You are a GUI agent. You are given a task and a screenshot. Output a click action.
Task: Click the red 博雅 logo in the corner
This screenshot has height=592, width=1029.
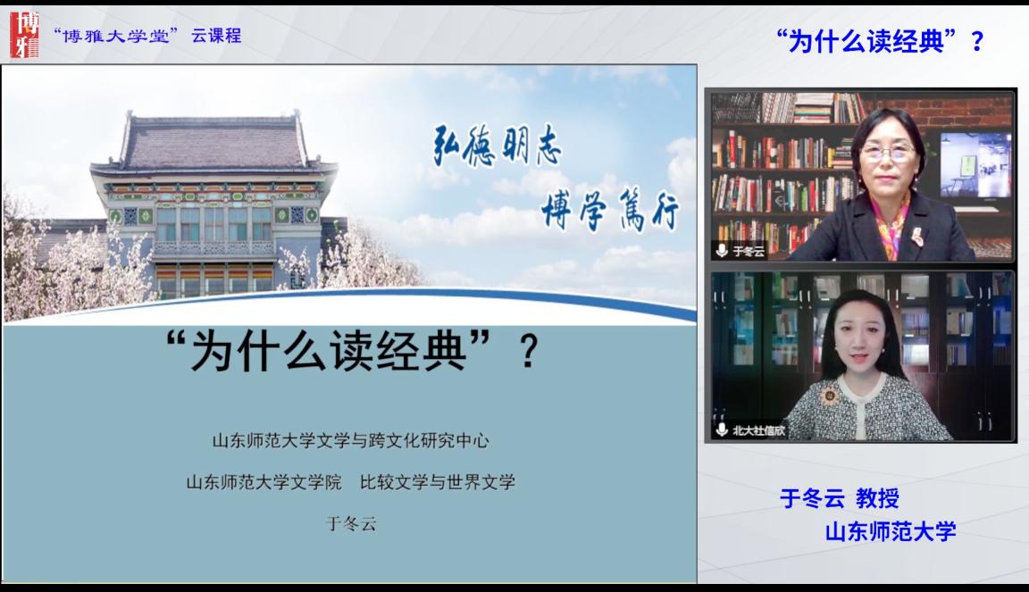pos(24,35)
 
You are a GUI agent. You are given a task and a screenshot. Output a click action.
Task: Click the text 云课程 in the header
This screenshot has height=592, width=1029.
pos(216,36)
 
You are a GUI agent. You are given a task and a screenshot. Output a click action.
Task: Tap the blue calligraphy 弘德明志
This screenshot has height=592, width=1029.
pos(498,145)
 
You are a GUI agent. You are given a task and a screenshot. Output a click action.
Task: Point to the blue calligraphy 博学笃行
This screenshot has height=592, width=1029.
pos(610,209)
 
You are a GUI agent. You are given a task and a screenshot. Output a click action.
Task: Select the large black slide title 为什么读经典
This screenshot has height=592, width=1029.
pos(329,351)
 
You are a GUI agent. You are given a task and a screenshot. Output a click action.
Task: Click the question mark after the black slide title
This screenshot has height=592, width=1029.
pos(529,352)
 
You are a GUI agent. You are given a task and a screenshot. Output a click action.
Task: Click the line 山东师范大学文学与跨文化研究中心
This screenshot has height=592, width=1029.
pos(350,441)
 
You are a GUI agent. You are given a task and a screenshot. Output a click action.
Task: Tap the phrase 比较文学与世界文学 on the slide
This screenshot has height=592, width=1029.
pos(438,482)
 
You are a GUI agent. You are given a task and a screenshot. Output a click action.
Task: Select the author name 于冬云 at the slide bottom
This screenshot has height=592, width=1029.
pos(351,524)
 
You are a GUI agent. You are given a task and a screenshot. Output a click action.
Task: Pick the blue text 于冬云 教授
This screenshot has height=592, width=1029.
pos(840,498)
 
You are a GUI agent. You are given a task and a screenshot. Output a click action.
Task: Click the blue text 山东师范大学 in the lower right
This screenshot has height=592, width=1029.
pos(891,531)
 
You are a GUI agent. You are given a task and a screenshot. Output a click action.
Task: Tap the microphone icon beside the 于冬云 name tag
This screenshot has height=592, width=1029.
pos(722,251)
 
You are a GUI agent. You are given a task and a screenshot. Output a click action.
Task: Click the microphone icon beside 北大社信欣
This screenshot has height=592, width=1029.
pos(722,429)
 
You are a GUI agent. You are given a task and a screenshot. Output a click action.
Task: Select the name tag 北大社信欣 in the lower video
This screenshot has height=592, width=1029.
pos(758,430)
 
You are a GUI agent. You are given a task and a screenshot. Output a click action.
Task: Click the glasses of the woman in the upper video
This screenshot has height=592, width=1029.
pos(887,153)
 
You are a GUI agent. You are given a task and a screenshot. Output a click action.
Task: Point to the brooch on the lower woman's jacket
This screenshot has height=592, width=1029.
pos(830,396)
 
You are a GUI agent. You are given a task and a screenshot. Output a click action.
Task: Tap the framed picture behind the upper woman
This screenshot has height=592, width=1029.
pos(975,164)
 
